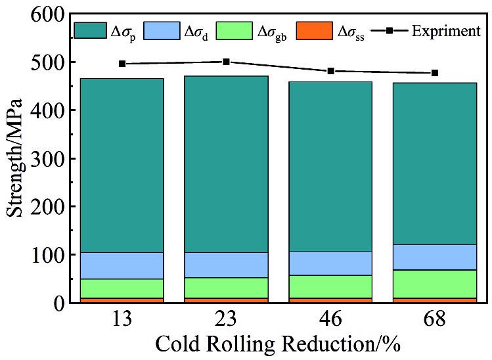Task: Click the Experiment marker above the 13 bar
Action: coord(122,64)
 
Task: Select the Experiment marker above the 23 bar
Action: coord(226,62)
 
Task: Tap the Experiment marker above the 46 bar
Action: coord(330,71)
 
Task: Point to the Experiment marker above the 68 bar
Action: coord(435,73)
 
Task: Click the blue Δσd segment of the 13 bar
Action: coord(122,265)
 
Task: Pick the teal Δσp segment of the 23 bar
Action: coord(226,164)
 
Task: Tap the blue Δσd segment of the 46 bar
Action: coord(330,263)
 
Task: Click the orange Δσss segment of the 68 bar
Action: coord(435,300)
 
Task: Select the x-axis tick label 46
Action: coord(330,320)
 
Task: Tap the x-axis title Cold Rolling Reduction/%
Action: coord(278,344)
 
